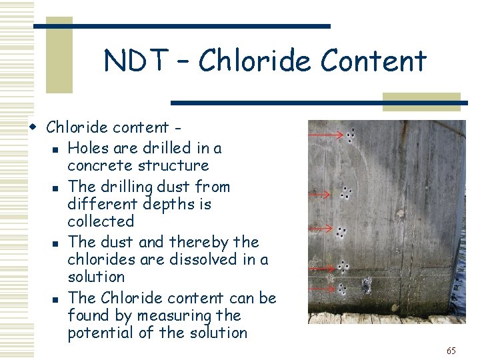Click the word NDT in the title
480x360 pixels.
pos(136,61)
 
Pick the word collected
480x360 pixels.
pos(101,221)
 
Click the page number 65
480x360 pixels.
pos(451,351)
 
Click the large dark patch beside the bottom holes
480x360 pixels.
pos(366,287)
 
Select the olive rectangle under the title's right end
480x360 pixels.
pos(421,101)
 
